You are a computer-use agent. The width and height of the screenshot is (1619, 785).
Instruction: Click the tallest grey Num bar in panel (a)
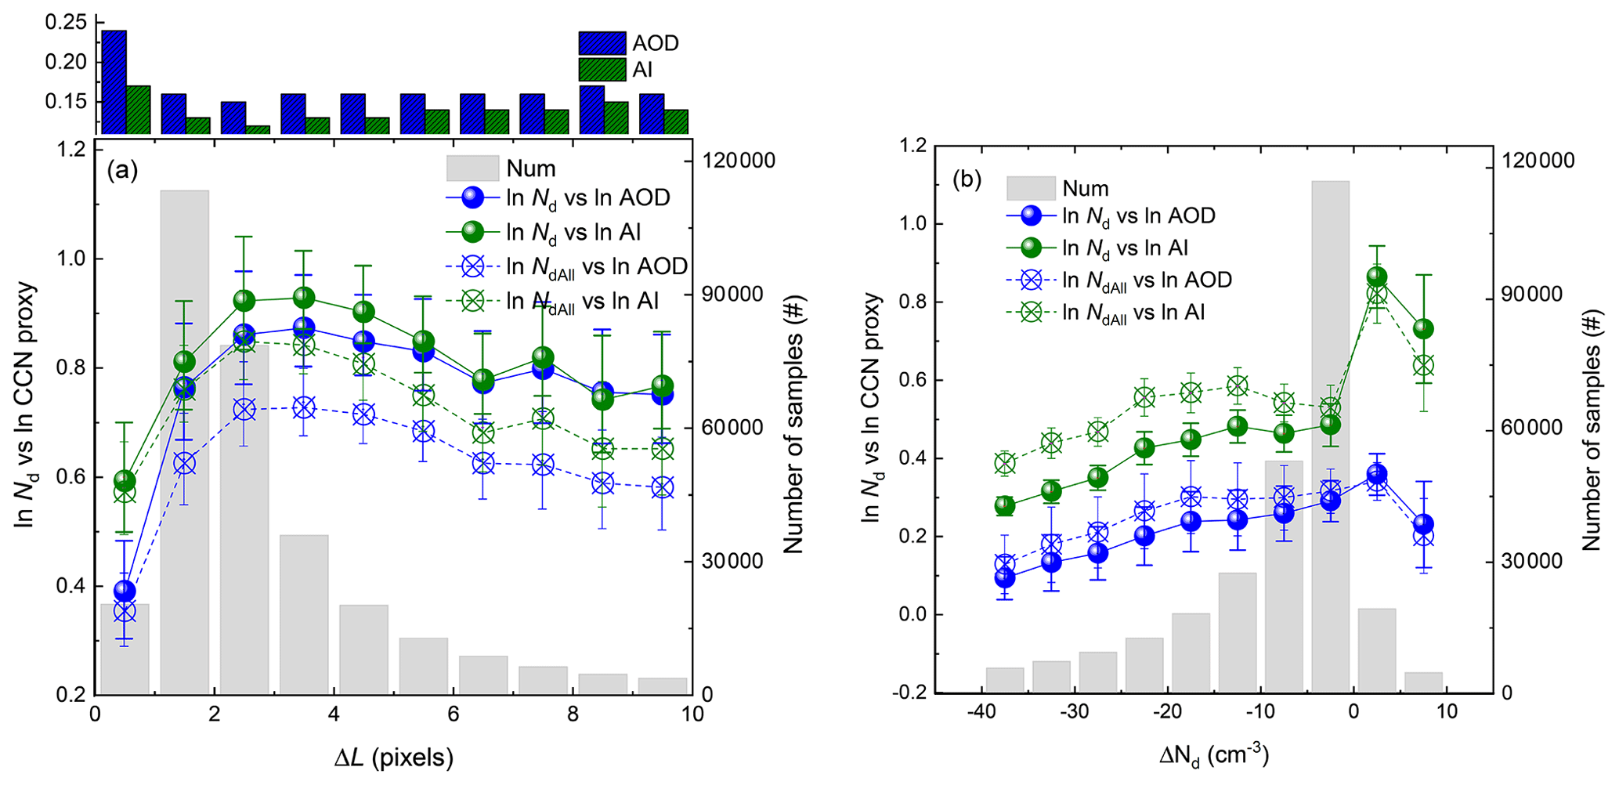pyautogui.click(x=184, y=439)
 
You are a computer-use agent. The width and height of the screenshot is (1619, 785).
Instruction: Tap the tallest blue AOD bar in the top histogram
pyautogui.click(x=114, y=81)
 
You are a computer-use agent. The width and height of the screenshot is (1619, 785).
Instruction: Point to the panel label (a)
pyautogui.click(x=123, y=170)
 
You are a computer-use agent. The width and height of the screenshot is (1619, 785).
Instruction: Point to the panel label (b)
pyautogui.click(x=967, y=180)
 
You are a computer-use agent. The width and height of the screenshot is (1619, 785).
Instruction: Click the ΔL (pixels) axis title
pyautogui.click(x=393, y=758)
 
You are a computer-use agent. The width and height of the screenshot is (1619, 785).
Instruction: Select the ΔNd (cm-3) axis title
pyautogui.click(x=1213, y=756)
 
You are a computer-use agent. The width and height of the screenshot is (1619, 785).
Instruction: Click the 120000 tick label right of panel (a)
pyautogui.click(x=739, y=161)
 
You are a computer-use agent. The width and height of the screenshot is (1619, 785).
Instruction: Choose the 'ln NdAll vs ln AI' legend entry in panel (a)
pyautogui.click(x=582, y=302)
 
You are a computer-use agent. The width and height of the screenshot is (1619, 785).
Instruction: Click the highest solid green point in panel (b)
pyautogui.click(x=1377, y=277)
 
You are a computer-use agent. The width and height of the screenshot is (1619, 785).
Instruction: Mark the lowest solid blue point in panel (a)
pyautogui.click(x=125, y=591)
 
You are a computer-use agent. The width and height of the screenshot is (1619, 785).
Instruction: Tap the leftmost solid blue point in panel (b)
pyautogui.click(x=1005, y=578)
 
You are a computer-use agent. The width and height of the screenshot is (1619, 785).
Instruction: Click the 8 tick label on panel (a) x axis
pyautogui.click(x=573, y=714)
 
